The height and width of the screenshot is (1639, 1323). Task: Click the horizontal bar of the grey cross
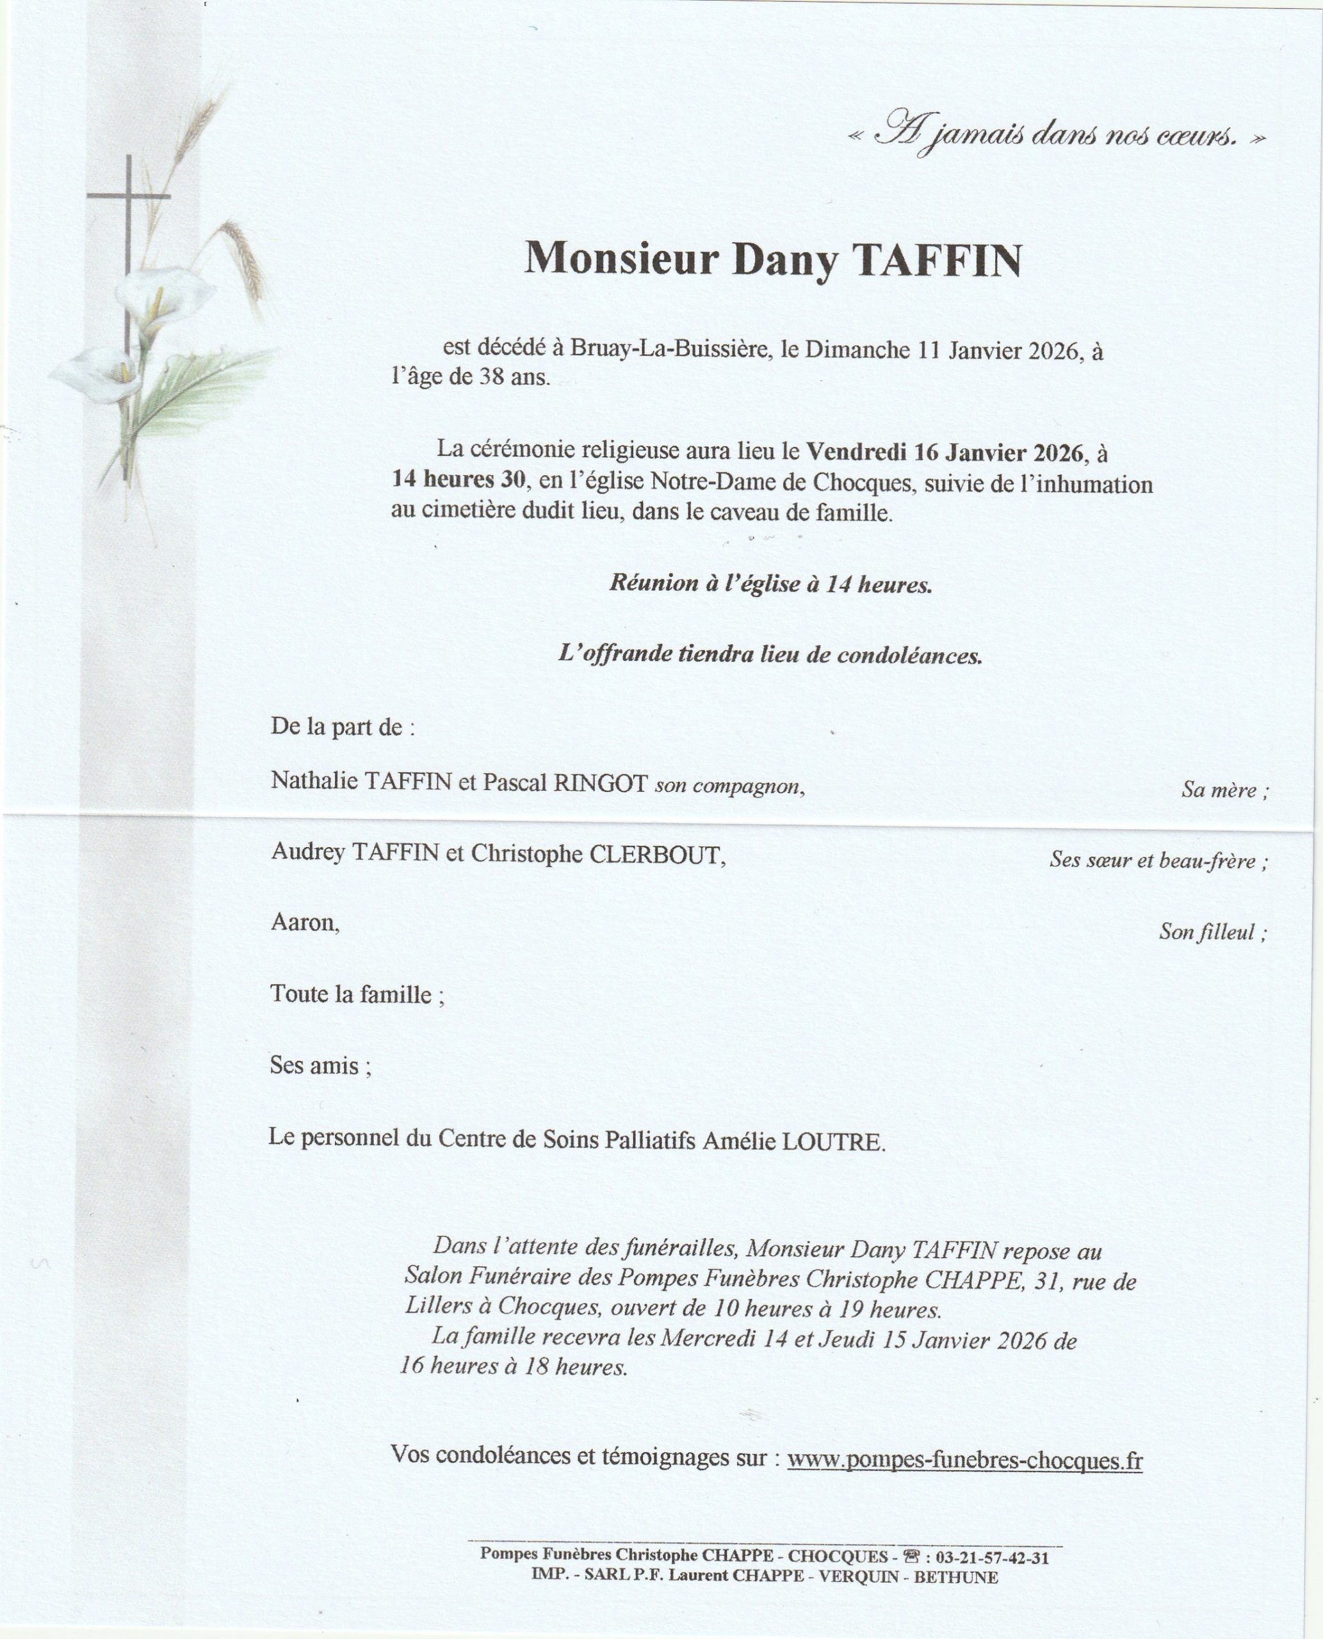pyautogui.click(x=128, y=197)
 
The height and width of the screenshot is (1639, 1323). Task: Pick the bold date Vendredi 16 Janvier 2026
pyautogui.click(x=945, y=453)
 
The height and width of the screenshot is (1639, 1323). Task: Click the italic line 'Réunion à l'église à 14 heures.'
pyautogui.click(x=770, y=585)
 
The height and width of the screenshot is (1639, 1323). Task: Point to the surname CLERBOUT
pyautogui.click(x=654, y=855)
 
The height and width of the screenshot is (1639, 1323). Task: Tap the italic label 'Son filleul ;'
pyautogui.click(x=1212, y=932)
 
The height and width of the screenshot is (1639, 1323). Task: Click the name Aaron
pyautogui.click(x=304, y=923)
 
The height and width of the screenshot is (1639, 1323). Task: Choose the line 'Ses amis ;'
pyautogui.click(x=321, y=1065)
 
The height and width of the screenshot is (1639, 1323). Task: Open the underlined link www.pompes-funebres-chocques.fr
pyautogui.click(x=964, y=1460)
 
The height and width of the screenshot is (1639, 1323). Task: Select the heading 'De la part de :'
pyautogui.click(x=343, y=727)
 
